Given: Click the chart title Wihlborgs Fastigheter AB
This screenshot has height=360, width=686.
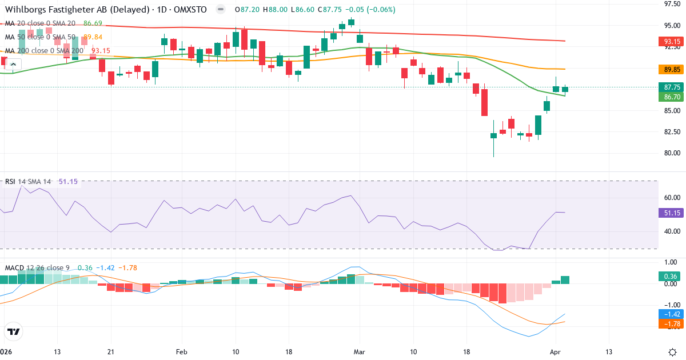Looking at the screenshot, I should tap(57, 10).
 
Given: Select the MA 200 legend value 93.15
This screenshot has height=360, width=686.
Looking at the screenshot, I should tap(100, 50).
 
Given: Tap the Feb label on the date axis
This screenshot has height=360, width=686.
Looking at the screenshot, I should tap(182, 351).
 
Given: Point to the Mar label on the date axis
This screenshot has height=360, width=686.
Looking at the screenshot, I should tap(360, 351).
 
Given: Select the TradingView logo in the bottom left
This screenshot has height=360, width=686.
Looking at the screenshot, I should tap(14, 331).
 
